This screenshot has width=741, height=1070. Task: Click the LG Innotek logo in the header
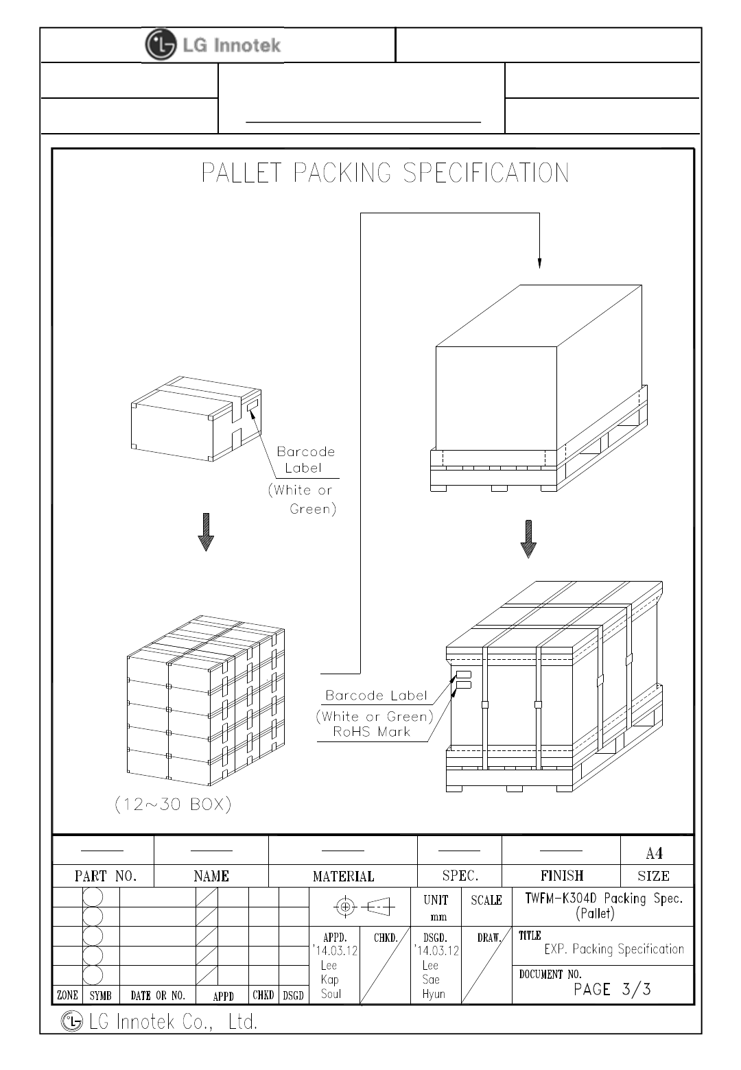[213, 45]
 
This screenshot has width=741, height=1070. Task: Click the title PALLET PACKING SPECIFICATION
[385, 173]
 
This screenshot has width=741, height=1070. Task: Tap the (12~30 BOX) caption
[173, 805]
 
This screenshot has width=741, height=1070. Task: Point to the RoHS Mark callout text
[371, 731]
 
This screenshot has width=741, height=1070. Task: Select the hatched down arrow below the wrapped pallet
[528, 539]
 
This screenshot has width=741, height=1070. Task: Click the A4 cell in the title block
[654, 853]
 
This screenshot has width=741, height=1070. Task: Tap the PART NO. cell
[106, 876]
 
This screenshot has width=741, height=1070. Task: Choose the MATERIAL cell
[343, 876]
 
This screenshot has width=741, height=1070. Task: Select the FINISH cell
[561, 876]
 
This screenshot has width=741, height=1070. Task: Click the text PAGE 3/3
[612, 989]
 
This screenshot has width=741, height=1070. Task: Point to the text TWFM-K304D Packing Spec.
[604, 899]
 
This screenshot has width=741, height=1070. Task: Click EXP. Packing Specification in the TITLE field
[613, 949]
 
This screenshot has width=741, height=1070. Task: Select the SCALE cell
[486, 901]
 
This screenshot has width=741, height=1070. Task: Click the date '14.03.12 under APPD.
[335, 951]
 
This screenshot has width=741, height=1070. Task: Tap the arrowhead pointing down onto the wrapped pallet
[539, 263]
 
